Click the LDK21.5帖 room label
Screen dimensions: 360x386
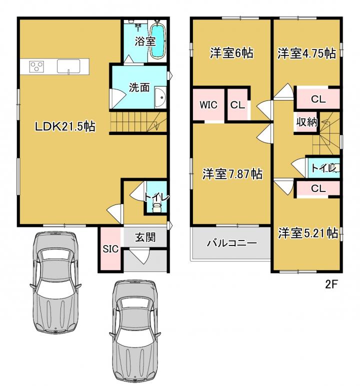65,126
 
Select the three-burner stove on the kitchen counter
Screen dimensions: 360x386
36,66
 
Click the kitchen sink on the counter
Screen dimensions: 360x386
68,66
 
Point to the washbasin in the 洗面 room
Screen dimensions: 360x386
160,97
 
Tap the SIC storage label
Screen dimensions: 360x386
110,249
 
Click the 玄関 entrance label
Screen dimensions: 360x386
145,237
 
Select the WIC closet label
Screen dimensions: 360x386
208,105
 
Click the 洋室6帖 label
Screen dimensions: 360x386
231,53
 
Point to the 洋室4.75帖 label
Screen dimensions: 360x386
307,53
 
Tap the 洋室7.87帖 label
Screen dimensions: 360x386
232,174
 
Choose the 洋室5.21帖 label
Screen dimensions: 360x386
308,233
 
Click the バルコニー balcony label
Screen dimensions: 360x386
231,243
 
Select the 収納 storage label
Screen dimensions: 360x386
306,122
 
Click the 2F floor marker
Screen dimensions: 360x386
331,284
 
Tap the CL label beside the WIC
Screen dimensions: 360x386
237,105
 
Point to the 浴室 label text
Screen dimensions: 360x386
145,41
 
